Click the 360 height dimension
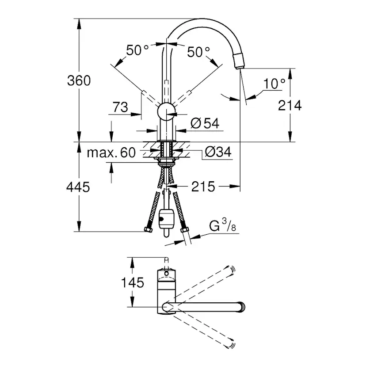pos(79,80)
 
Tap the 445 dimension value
pos(78,187)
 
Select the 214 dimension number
pos(290,105)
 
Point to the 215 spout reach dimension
pos(203,187)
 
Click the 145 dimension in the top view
pos(132,282)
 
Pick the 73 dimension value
pos(120,107)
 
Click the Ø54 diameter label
pos(205,123)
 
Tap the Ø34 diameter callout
pos(218,152)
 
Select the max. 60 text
pos(111,152)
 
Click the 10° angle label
pos(274,84)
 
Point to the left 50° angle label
pos(137,50)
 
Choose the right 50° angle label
pos(198,52)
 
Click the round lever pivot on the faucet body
pos(167,111)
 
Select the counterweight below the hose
pos(166,219)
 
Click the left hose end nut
pos(148,230)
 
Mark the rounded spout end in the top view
pos(241,307)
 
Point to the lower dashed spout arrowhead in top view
pos(231,344)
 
